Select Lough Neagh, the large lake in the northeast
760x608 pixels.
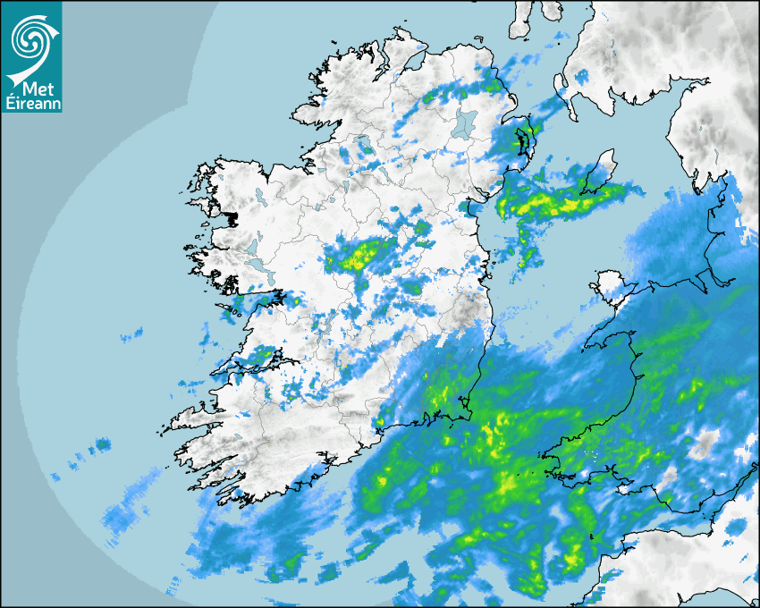click(465, 122)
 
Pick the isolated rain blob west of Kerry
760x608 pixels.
click(102, 443)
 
